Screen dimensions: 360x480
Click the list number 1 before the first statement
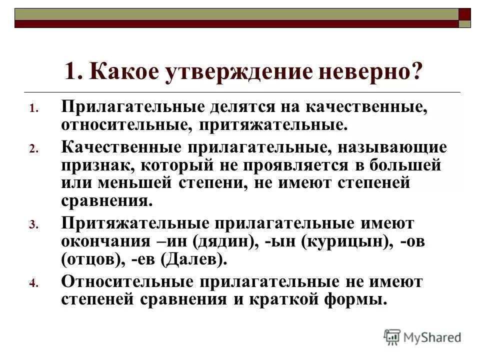tap(32, 109)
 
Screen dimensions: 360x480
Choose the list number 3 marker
tap(32, 225)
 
